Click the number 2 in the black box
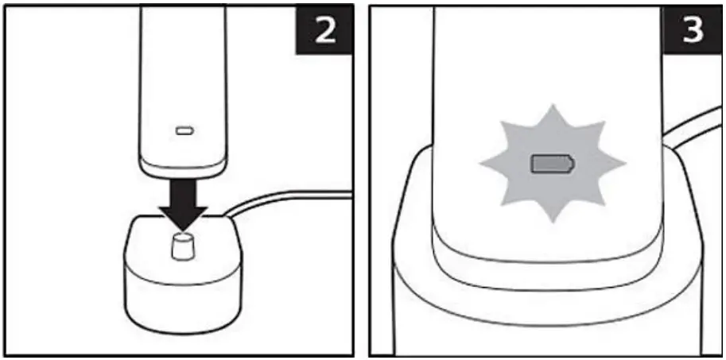click(325, 31)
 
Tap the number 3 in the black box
click(693, 30)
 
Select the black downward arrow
click(183, 204)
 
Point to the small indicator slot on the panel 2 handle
click(184, 131)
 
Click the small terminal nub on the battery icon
click(574, 165)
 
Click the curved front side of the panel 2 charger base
click(183, 300)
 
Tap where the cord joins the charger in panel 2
click(227, 215)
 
